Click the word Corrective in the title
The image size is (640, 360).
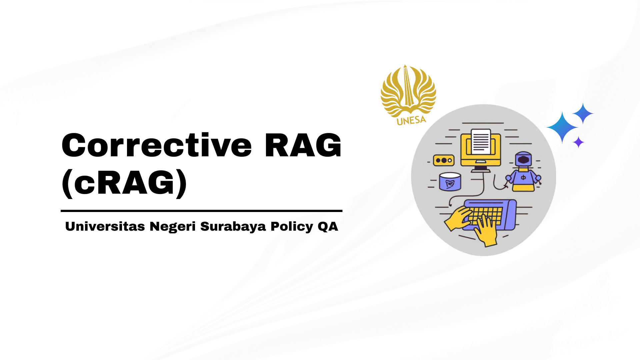click(x=157, y=145)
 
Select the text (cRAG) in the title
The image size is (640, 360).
click(x=124, y=183)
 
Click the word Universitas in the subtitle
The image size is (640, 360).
click(x=105, y=226)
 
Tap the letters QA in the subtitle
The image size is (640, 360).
click(x=328, y=226)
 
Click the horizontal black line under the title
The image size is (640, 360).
click(x=202, y=211)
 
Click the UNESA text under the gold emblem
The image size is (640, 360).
click(x=411, y=120)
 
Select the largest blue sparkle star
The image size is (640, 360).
click(x=562, y=127)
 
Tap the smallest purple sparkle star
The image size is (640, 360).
click(x=579, y=142)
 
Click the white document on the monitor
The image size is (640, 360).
click(x=481, y=142)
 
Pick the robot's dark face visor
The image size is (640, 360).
click(x=523, y=159)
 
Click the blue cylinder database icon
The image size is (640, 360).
click(x=450, y=182)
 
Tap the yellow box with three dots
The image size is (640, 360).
click(x=444, y=160)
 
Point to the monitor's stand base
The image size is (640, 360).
click(x=481, y=170)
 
